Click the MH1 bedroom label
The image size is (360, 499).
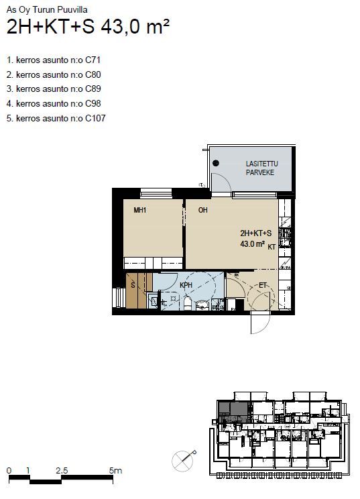140,210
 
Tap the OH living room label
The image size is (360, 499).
203,210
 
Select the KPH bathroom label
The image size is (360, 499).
186,285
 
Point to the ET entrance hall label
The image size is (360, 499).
263,285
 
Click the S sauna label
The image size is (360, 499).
133,285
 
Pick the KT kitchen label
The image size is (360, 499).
272,247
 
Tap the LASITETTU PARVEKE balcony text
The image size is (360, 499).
261,168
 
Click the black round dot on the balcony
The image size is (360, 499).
216,163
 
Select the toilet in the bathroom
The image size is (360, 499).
187,303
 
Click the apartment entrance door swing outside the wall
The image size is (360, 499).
261,323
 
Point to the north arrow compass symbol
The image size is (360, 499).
184,461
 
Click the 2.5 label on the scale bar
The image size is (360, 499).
62,470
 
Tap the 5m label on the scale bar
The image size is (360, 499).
115,470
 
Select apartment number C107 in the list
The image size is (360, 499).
95,119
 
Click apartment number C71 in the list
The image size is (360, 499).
93,60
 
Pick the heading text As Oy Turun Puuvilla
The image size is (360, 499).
47,9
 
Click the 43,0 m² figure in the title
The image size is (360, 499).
135,26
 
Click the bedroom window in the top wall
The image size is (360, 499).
156,193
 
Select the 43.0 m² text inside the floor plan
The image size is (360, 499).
253,244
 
